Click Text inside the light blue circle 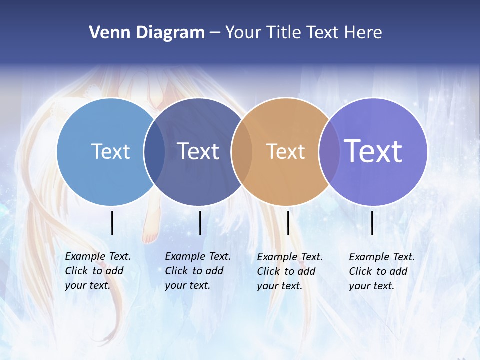(110, 151)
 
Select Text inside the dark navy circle (198, 151)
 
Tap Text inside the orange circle (285, 151)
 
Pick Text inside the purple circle (373, 151)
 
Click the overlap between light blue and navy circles (154, 152)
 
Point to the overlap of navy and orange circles (242, 152)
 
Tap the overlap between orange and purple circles (329, 152)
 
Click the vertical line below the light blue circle (112, 223)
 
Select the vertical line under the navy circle (200, 223)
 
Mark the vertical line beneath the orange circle (288, 223)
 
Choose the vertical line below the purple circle (372, 223)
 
